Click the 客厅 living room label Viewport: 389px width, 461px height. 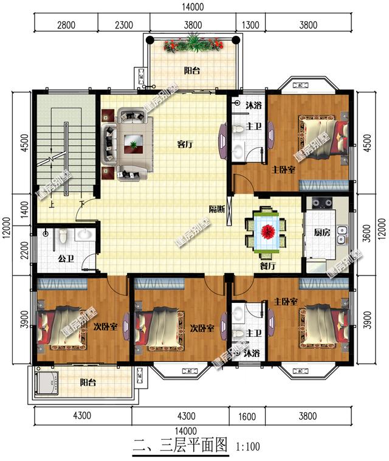click(x=185, y=144)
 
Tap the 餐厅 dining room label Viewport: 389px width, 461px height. click(x=268, y=266)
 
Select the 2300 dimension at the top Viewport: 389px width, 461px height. click(x=124, y=25)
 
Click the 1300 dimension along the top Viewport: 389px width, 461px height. click(x=250, y=25)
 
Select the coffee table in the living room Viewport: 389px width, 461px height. click(x=133, y=144)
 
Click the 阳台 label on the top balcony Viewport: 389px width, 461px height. click(x=192, y=71)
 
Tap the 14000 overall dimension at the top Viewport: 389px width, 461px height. click(x=193, y=7)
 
